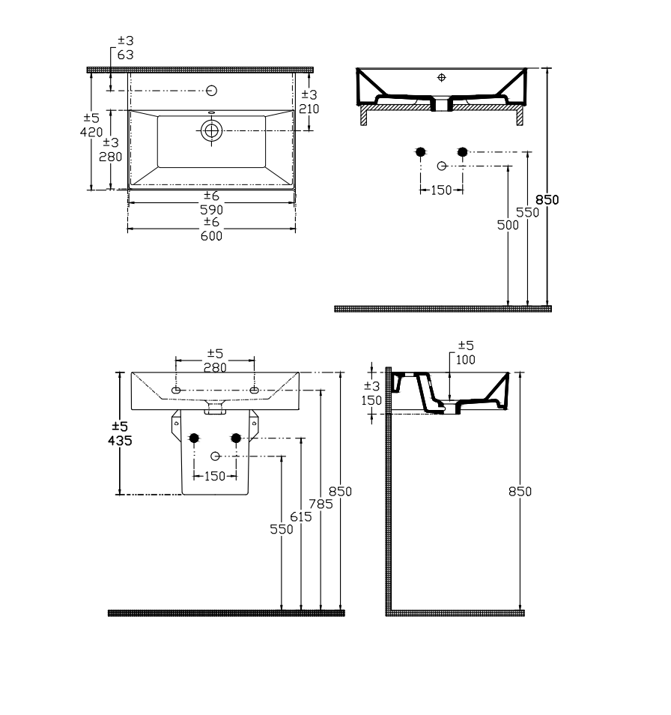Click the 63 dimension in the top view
[x=125, y=55]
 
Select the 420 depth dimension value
[x=91, y=132]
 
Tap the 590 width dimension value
[x=211, y=210]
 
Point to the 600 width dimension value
[x=211, y=236]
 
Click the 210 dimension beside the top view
[x=309, y=109]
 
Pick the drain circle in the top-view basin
[x=211, y=131]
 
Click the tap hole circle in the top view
[x=211, y=90]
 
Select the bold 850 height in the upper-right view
[x=547, y=199]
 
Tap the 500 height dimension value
[x=508, y=225]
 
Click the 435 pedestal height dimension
[x=120, y=441]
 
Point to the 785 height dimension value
[x=321, y=504]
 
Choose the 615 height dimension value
[x=301, y=516]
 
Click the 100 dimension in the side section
[x=466, y=360]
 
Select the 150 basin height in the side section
[x=371, y=400]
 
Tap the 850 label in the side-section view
[x=520, y=491]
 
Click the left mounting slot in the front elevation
[x=176, y=390]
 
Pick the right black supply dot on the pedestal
[x=236, y=438]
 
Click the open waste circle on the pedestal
[x=216, y=456]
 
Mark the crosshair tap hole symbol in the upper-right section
[x=441, y=77]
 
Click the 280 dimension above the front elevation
[x=215, y=367]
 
